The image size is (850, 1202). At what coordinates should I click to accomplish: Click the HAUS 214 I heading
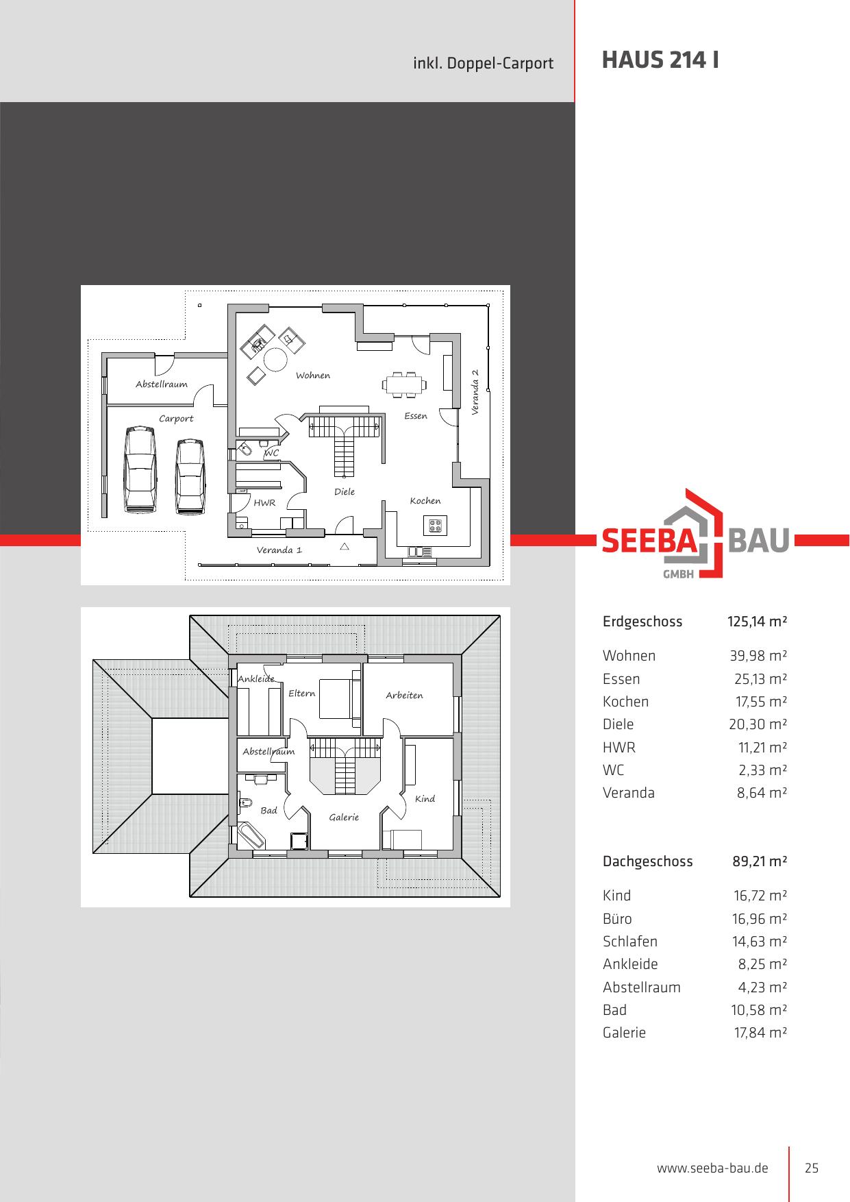click(660, 60)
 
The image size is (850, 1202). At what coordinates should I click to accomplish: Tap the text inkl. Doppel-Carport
click(484, 64)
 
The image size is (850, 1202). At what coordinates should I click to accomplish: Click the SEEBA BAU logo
click(696, 534)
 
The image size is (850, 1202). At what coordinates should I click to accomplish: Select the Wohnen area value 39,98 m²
click(758, 656)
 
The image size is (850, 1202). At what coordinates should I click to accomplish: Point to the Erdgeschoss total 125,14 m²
click(757, 622)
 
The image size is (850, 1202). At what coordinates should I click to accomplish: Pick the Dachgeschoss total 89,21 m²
click(760, 861)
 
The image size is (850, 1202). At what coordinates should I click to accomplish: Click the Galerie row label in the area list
click(624, 1033)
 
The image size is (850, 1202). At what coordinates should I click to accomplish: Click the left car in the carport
click(140, 469)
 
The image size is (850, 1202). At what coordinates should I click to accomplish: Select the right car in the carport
click(190, 476)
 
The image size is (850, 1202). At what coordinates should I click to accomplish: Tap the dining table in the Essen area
click(404, 384)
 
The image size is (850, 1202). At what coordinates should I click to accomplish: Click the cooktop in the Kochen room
click(435, 526)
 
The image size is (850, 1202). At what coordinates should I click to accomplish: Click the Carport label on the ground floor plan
click(176, 419)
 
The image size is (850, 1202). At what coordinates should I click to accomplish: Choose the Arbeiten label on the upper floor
click(404, 696)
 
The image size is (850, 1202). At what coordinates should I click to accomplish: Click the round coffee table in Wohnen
click(277, 359)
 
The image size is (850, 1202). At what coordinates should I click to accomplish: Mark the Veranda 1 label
click(279, 550)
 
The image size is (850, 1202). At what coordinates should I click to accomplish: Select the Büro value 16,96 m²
click(760, 919)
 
